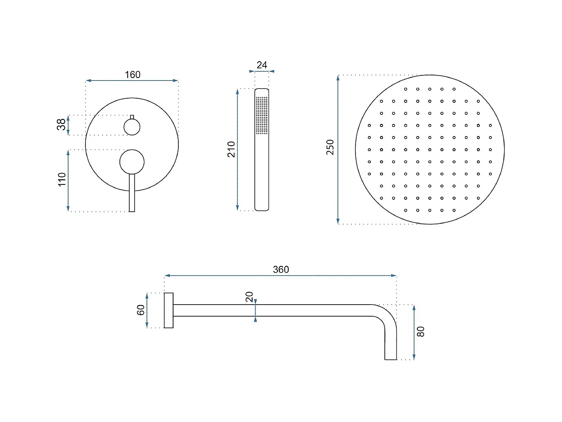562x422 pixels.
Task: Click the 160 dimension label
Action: point(133,75)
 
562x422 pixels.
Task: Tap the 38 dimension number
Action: point(61,125)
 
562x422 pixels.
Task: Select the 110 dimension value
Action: point(62,179)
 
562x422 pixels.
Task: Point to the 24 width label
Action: point(262,65)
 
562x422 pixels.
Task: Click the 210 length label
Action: point(231,149)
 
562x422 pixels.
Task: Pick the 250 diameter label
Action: point(330,147)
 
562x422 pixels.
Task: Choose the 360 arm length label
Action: point(281,269)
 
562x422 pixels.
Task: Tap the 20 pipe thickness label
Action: point(249,297)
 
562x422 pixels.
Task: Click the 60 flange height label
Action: point(140,310)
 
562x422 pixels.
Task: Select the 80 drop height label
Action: point(421,332)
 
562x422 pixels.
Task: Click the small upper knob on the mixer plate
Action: point(132,127)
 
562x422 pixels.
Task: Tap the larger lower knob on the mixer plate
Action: point(132,162)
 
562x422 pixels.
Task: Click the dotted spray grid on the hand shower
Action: point(262,115)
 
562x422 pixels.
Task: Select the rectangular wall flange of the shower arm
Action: point(169,311)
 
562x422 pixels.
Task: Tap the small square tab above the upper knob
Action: point(132,117)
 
